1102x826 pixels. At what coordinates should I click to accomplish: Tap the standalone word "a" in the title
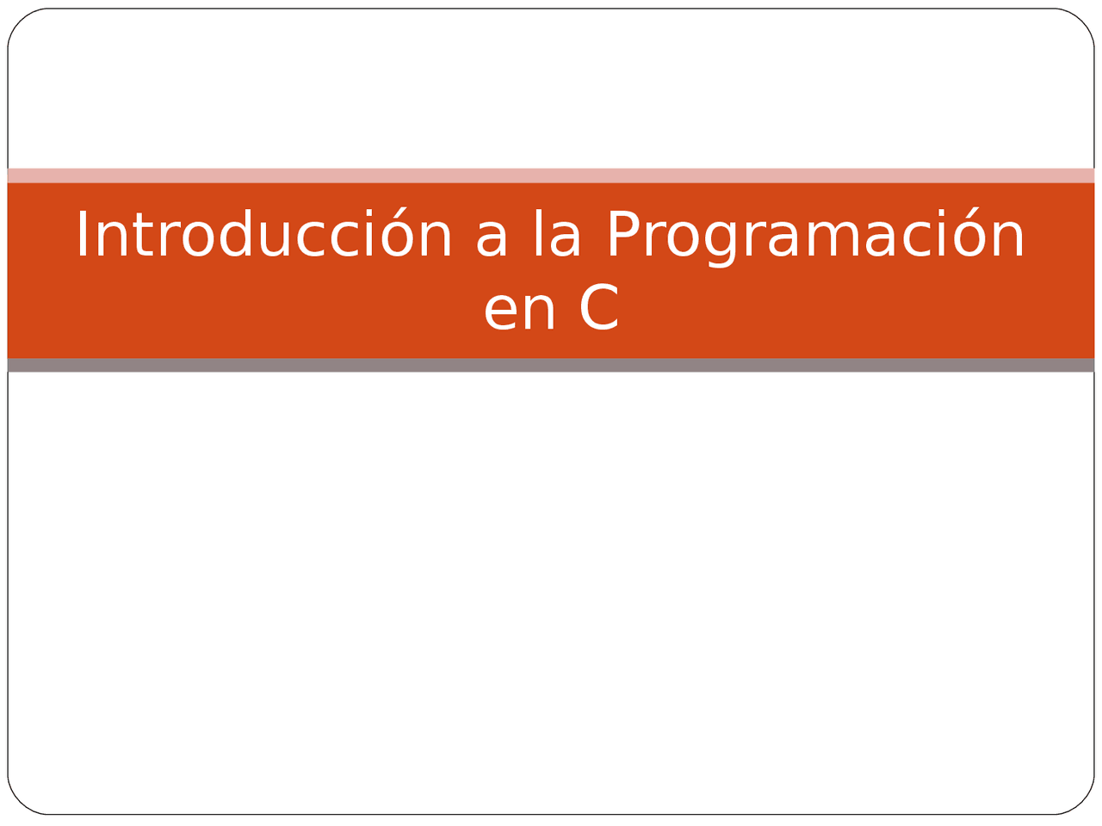pos(492,237)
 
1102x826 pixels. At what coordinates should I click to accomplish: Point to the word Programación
pos(815,235)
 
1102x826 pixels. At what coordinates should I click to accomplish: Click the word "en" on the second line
pos(519,311)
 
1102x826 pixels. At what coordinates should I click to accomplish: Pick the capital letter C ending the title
pos(599,308)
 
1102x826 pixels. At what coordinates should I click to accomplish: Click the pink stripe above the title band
pos(551,176)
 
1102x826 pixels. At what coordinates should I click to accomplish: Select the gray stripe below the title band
pos(551,365)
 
